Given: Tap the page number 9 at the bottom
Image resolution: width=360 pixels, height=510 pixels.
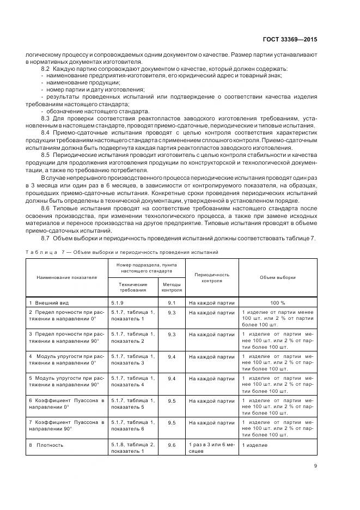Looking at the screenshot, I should pos(315,466).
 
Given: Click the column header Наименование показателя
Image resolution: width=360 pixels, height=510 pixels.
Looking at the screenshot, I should pos(66,277).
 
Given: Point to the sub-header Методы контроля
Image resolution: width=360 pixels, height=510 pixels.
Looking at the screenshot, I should pos(172,287).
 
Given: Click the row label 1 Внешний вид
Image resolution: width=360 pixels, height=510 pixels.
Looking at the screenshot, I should pos(50,302).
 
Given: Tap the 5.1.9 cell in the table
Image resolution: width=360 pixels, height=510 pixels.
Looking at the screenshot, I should pos(118,302).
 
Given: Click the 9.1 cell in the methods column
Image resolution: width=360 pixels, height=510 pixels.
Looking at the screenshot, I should pos(172,302).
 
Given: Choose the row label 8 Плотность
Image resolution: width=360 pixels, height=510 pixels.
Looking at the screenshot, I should pos(47,445).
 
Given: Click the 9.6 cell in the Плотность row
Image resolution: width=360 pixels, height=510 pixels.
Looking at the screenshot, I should pos(172,445).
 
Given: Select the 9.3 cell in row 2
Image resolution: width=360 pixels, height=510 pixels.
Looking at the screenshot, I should pos(172,313).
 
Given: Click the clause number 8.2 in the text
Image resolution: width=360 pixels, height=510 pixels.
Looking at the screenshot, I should pos(45,69).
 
